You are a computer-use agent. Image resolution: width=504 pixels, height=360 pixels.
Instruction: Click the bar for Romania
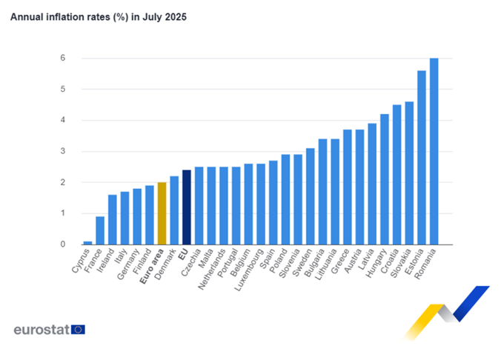click(x=434, y=151)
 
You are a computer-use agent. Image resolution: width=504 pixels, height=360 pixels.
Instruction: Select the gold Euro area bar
click(x=162, y=213)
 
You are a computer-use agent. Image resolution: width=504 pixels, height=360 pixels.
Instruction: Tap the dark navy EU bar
click(x=187, y=207)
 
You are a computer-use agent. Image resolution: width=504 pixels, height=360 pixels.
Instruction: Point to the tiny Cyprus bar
click(x=87, y=243)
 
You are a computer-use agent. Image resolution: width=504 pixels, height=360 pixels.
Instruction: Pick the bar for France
click(x=100, y=230)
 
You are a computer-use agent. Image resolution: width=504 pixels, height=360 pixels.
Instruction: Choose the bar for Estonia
click(x=422, y=158)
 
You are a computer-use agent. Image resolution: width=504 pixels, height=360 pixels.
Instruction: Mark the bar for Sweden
click(x=310, y=196)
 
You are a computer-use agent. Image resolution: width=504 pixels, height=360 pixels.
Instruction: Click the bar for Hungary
click(x=385, y=179)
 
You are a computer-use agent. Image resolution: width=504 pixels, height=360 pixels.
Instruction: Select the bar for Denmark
click(x=174, y=210)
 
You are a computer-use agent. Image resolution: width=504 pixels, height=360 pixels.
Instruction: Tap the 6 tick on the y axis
click(x=63, y=58)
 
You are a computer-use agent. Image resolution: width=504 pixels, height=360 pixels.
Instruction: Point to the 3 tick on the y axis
click(x=63, y=151)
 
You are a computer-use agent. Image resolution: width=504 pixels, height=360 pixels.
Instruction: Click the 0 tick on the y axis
click(x=63, y=244)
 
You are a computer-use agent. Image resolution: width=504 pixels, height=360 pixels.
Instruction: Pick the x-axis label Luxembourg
click(x=248, y=270)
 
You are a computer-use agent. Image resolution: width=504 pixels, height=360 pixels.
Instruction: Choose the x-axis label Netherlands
click(x=212, y=270)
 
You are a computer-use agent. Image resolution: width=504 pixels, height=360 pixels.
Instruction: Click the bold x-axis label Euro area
click(x=152, y=266)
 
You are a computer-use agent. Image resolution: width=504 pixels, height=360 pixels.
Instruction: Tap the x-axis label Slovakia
click(x=400, y=263)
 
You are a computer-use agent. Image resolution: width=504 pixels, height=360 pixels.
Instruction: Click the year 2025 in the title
click(x=176, y=17)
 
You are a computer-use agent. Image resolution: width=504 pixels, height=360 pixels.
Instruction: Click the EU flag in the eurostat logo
click(x=78, y=330)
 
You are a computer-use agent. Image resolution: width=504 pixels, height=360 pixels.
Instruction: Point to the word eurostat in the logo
click(x=42, y=330)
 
